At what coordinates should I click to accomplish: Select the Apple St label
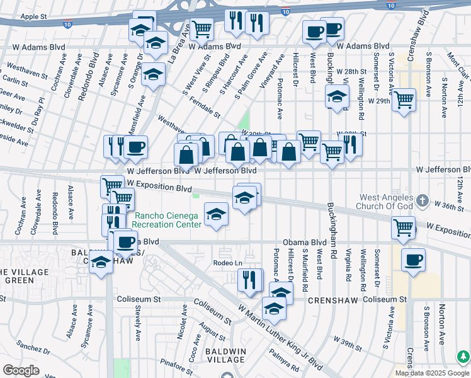tap(33, 16)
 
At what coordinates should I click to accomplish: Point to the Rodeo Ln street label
tap(227, 263)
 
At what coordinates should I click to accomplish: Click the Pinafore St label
tap(176, 362)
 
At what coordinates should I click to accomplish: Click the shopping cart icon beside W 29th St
tap(404, 99)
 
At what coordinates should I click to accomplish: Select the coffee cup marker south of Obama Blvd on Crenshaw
tap(413, 260)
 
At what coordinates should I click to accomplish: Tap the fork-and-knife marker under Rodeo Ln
tap(251, 279)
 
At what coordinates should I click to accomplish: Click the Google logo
tap(21, 370)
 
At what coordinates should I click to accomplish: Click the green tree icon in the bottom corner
tap(463, 357)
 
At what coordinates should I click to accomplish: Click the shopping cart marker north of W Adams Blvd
tap(201, 28)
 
